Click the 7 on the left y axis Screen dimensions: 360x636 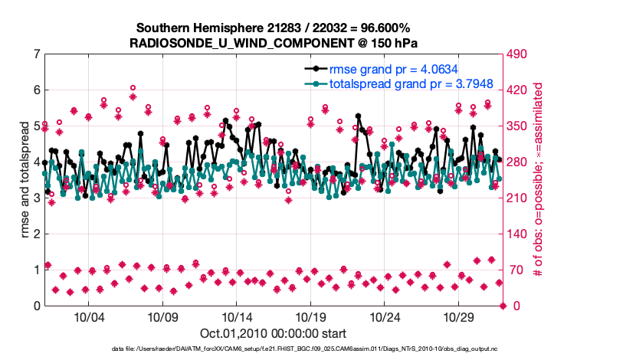tap(37, 54)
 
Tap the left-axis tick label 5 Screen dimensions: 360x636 tap(37, 126)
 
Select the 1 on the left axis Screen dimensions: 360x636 tap(37, 270)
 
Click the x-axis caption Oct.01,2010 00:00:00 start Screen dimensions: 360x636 tap(274, 334)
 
